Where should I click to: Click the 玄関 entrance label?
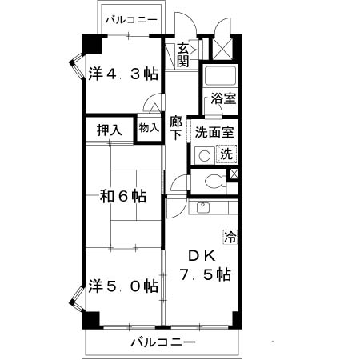click(183, 55)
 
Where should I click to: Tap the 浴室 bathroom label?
click(223, 98)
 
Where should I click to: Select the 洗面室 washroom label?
click(214, 132)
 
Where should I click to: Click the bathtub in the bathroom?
click(220, 75)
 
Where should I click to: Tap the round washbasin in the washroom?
click(205, 156)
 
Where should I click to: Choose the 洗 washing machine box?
click(226, 154)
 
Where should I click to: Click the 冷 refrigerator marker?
click(230, 237)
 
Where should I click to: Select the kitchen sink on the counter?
click(203, 208)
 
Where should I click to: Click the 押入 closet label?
click(110, 130)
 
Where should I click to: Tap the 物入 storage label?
click(149, 128)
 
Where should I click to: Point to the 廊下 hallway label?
click(176, 128)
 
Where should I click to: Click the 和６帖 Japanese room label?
click(123, 196)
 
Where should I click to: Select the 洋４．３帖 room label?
click(123, 74)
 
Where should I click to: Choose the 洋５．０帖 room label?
click(123, 286)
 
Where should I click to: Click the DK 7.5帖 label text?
click(205, 266)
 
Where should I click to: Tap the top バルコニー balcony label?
click(131, 20)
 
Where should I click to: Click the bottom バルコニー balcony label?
click(163, 342)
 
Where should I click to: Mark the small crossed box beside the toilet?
click(234, 174)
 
